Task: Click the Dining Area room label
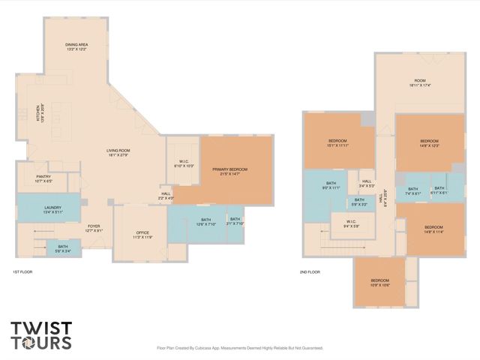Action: pos(77,47)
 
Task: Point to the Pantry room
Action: pos(43,178)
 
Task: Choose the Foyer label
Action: pos(94,228)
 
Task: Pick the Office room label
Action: pos(142,235)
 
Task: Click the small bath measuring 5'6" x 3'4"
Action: pos(64,248)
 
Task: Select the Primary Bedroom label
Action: pos(229,172)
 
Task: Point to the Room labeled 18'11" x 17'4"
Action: pos(420,82)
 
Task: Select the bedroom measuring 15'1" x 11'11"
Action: pos(338,143)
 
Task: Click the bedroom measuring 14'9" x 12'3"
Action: pos(429,143)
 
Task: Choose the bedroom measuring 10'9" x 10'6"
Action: pos(380,283)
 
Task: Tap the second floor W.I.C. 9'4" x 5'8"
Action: pos(351,223)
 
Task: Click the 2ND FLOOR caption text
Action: pos(309,271)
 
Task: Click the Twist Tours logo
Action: pos(41,335)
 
